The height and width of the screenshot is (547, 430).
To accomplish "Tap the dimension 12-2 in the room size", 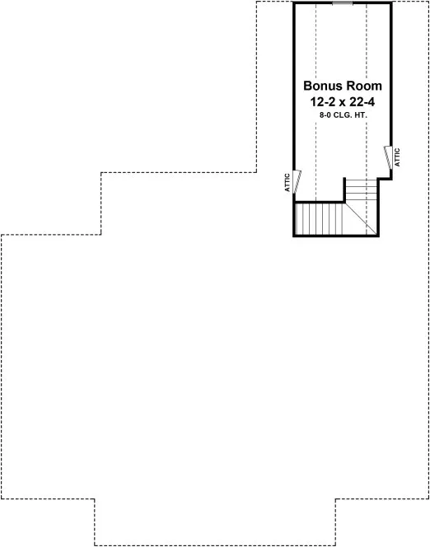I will coord(318,102).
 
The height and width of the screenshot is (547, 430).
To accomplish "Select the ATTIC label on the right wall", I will coord(398,157).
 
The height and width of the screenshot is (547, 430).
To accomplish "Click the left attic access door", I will coord(298,180).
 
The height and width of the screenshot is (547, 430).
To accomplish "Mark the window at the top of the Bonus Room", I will coord(343,3).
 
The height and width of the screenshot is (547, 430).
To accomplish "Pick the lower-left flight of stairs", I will coord(316,219).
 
